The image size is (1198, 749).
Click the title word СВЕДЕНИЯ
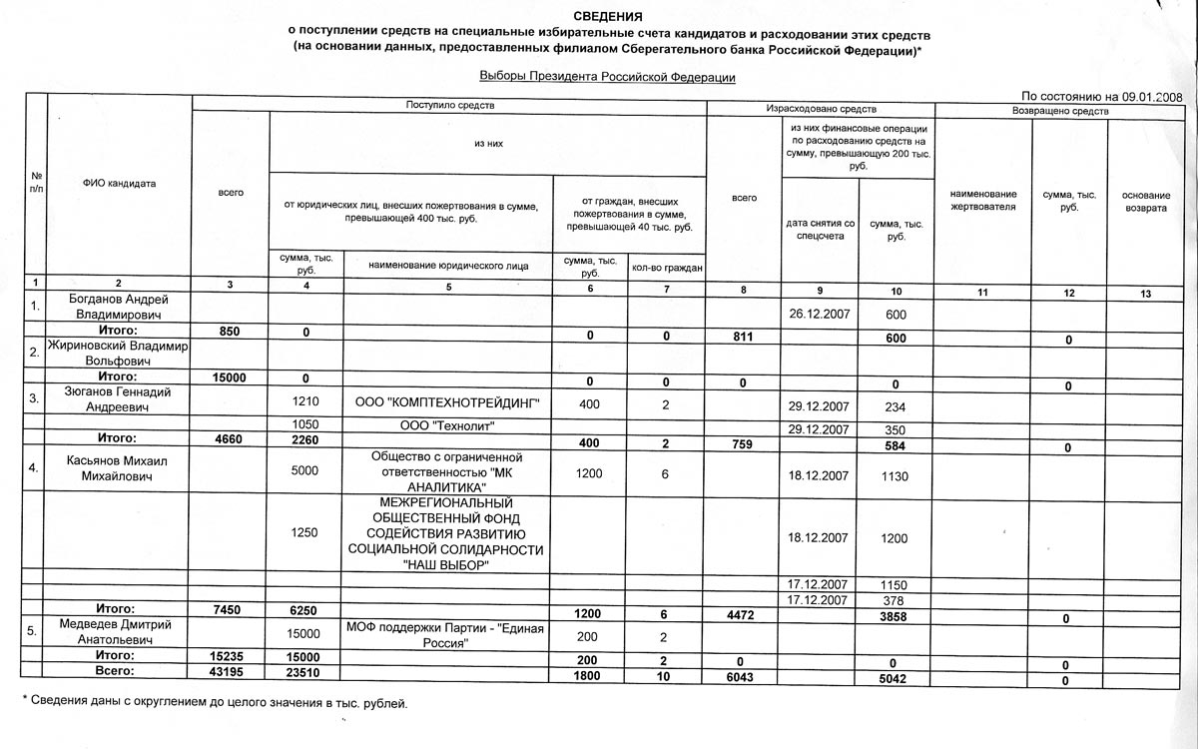point(608,17)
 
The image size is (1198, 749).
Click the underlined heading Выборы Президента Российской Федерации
point(607,77)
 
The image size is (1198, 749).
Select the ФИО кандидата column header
point(119,184)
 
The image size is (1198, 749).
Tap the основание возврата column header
point(1144,200)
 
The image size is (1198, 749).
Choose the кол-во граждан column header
point(667,268)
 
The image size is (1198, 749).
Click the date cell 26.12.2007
point(818,314)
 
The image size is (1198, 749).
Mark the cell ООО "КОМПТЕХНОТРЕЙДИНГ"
point(447,403)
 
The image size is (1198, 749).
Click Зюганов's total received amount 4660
point(230,438)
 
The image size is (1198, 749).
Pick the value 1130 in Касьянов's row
point(895,477)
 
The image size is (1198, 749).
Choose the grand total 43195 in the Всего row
point(230,675)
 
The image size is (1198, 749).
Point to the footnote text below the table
point(215,704)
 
